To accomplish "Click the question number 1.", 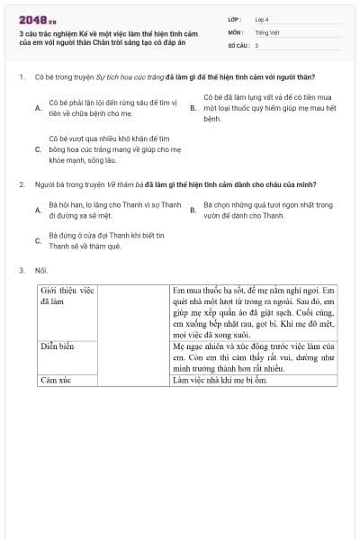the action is point(20,77).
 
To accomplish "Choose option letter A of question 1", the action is point(37,108).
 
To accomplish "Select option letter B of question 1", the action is point(193,108).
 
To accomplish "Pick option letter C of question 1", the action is point(37,149).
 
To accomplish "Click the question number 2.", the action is point(20,184).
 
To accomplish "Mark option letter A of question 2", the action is point(37,211).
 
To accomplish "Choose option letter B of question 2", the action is point(193,211).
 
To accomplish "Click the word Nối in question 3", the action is point(40,270).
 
